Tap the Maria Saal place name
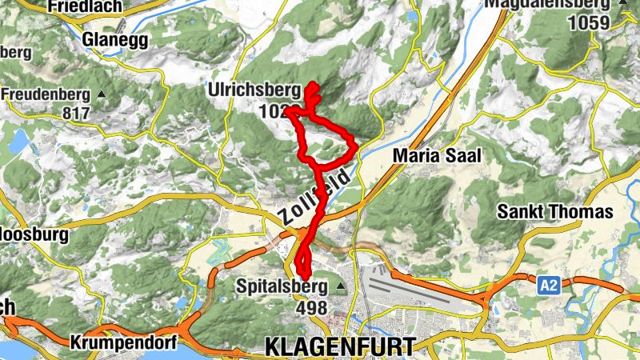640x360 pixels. (438, 156)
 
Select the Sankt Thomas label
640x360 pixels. (554, 213)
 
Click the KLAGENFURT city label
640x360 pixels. (340, 346)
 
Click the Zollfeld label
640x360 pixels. (315, 195)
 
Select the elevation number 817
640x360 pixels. (76, 113)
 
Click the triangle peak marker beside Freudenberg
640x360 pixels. (102, 94)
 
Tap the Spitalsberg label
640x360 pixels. (282, 286)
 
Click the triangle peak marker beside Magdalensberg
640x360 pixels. (623, 3)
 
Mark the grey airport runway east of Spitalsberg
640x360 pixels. (424, 291)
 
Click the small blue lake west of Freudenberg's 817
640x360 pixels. (18, 142)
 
